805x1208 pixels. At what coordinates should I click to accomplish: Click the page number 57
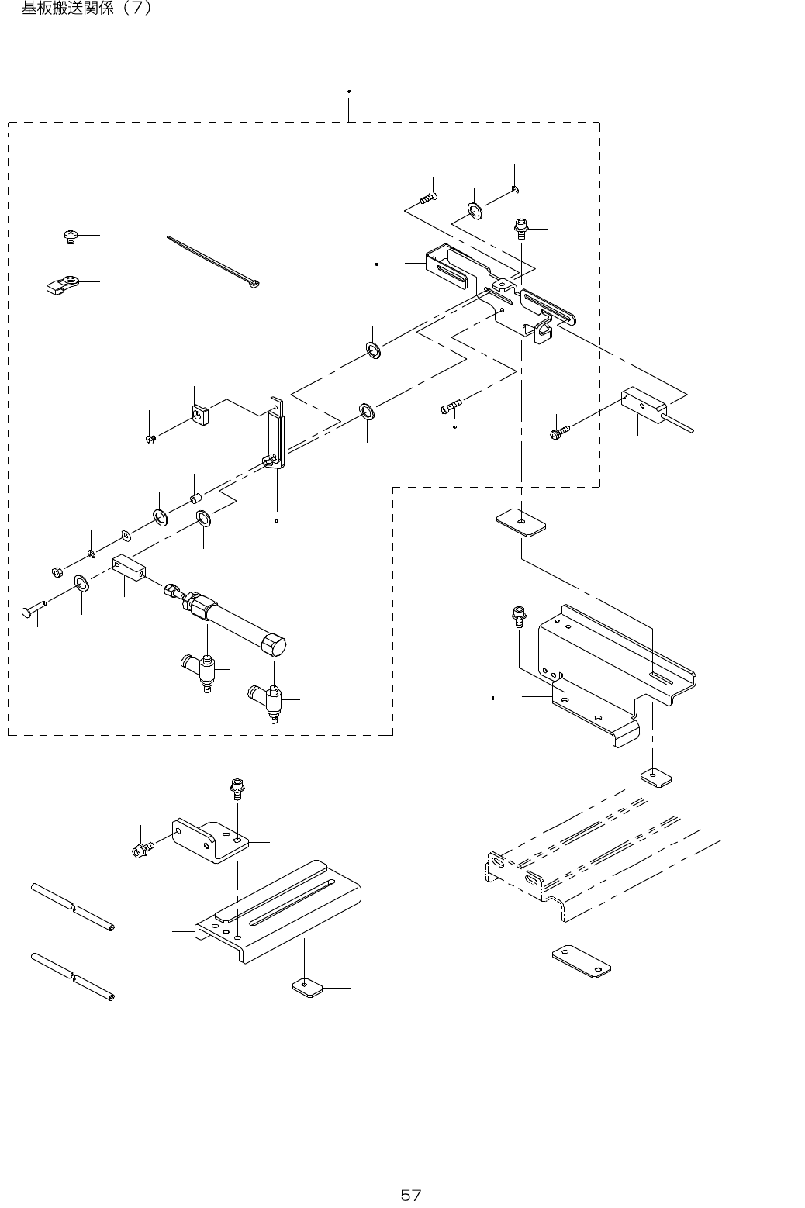(x=410, y=1195)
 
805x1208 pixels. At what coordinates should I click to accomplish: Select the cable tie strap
(x=213, y=259)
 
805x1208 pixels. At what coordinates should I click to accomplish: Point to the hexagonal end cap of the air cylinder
(x=273, y=645)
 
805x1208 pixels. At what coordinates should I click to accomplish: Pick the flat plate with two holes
(x=581, y=961)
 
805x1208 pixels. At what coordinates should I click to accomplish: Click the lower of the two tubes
(x=72, y=975)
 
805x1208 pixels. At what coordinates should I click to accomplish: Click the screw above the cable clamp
(x=69, y=234)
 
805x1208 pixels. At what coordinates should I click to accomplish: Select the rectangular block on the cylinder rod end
(x=130, y=569)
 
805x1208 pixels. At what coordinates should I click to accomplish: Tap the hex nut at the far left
(x=57, y=572)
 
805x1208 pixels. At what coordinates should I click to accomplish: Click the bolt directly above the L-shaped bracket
(x=236, y=789)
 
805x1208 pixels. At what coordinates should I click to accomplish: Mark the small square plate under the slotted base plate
(x=305, y=986)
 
